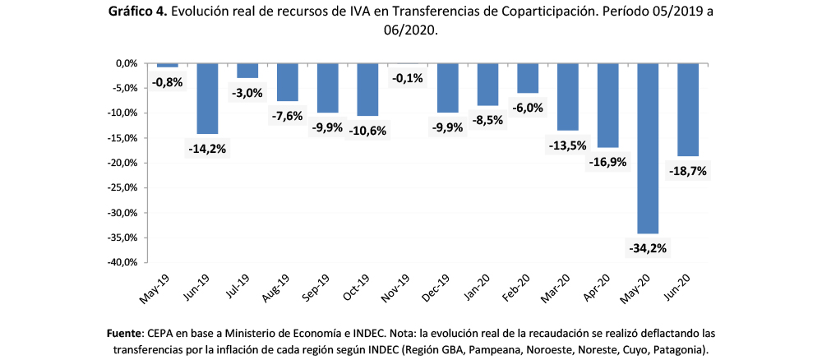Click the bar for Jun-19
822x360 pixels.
207,98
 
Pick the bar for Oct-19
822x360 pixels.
367,90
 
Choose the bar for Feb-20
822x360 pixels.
528,78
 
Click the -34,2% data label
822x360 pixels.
647,247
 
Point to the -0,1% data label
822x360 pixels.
408,78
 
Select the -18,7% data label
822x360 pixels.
688,171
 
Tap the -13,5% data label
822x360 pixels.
567,145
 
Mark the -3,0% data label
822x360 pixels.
247,93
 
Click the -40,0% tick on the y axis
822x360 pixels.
121,263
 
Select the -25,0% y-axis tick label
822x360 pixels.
121,188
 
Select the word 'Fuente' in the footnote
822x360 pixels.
125,333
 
